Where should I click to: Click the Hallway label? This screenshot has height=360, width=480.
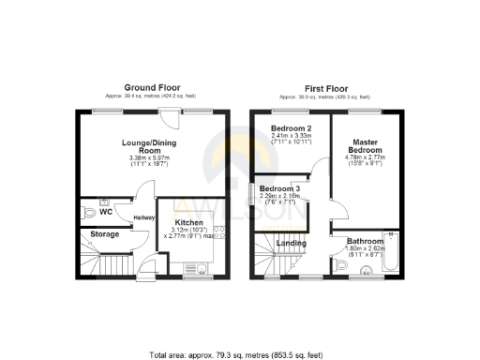pos(143,218)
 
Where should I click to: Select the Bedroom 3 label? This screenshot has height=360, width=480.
pos(279,190)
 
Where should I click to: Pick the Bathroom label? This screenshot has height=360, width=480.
pos(366,240)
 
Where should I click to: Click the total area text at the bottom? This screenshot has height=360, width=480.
pos(239,355)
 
